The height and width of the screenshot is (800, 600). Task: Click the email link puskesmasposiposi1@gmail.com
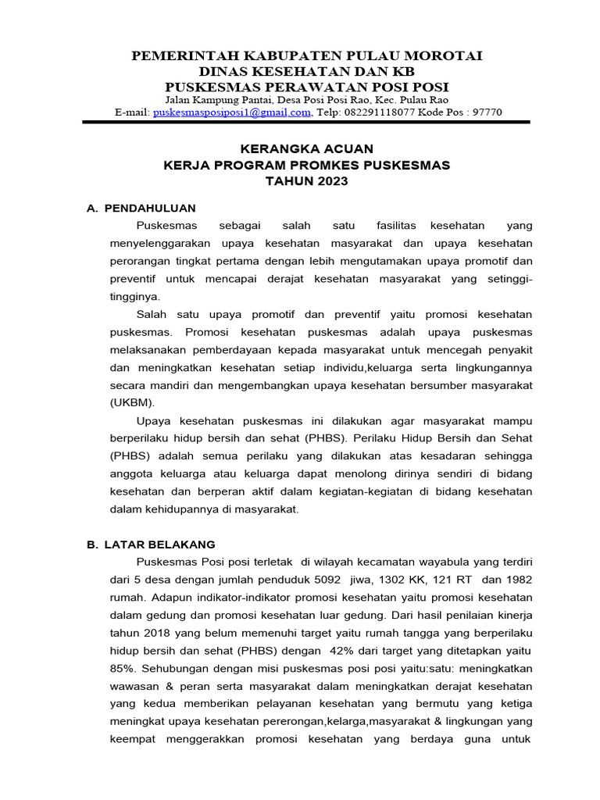pyautogui.click(x=234, y=112)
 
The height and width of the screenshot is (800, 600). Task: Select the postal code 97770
pyautogui.click(x=486, y=112)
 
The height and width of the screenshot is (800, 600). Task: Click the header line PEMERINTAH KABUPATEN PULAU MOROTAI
pyautogui.click(x=306, y=56)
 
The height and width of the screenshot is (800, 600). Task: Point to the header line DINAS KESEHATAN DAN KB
pyautogui.click(x=306, y=71)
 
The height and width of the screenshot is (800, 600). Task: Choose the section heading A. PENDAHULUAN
pyautogui.click(x=141, y=208)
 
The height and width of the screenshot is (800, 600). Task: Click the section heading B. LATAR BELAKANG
pyautogui.click(x=151, y=544)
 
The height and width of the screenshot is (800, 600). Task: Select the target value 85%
pyautogui.click(x=123, y=669)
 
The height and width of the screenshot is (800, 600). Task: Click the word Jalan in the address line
pyautogui.click(x=180, y=100)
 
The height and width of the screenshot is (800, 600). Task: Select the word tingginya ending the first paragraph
pyautogui.click(x=135, y=297)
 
